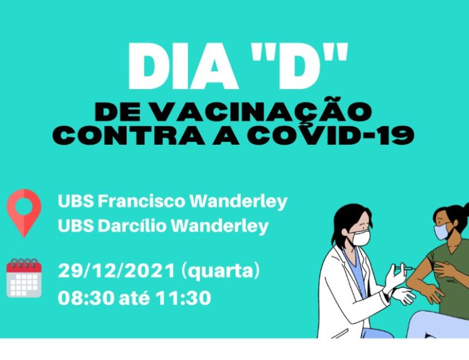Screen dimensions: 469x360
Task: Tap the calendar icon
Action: pos(24,278)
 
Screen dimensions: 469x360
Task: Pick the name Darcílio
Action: pos(132,226)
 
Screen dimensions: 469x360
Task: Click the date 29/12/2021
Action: pos(116,271)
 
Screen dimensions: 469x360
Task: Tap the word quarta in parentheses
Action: pos(220,271)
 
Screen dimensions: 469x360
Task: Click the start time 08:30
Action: pos(86,298)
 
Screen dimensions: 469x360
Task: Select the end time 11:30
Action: pos(183,298)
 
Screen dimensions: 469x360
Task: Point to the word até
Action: pos(135,298)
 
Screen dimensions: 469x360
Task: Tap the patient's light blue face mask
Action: pos(441,232)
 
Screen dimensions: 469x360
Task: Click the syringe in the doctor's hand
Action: pos(403,268)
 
